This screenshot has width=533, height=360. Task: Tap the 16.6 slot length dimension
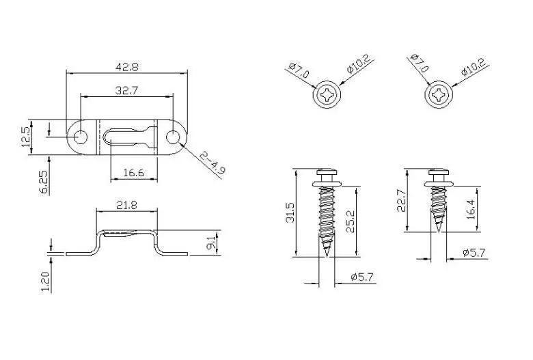133,174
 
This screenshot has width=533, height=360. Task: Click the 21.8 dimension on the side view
126,206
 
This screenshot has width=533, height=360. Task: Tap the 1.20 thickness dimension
45,280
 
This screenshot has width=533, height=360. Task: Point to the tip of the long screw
327,255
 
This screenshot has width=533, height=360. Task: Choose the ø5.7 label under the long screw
361,277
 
